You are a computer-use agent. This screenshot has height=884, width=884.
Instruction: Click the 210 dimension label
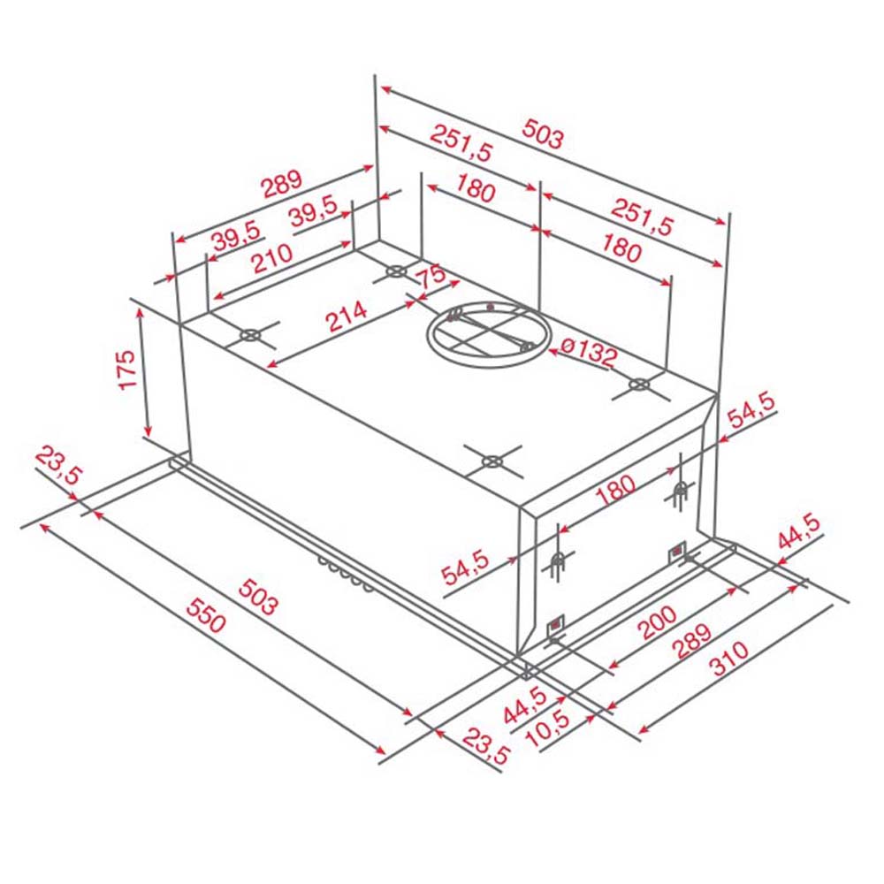click(x=272, y=260)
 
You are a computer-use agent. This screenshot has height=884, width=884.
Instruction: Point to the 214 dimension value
click(x=347, y=316)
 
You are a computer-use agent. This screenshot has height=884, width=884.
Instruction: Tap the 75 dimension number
click(x=431, y=276)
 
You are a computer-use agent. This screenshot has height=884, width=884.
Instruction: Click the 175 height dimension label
click(x=126, y=370)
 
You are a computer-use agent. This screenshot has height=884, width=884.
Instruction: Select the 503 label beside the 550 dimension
click(x=256, y=594)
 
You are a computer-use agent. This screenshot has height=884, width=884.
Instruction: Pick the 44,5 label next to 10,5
click(x=524, y=705)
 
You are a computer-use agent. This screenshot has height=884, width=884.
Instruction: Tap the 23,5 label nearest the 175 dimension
click(x=58, y=467)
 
